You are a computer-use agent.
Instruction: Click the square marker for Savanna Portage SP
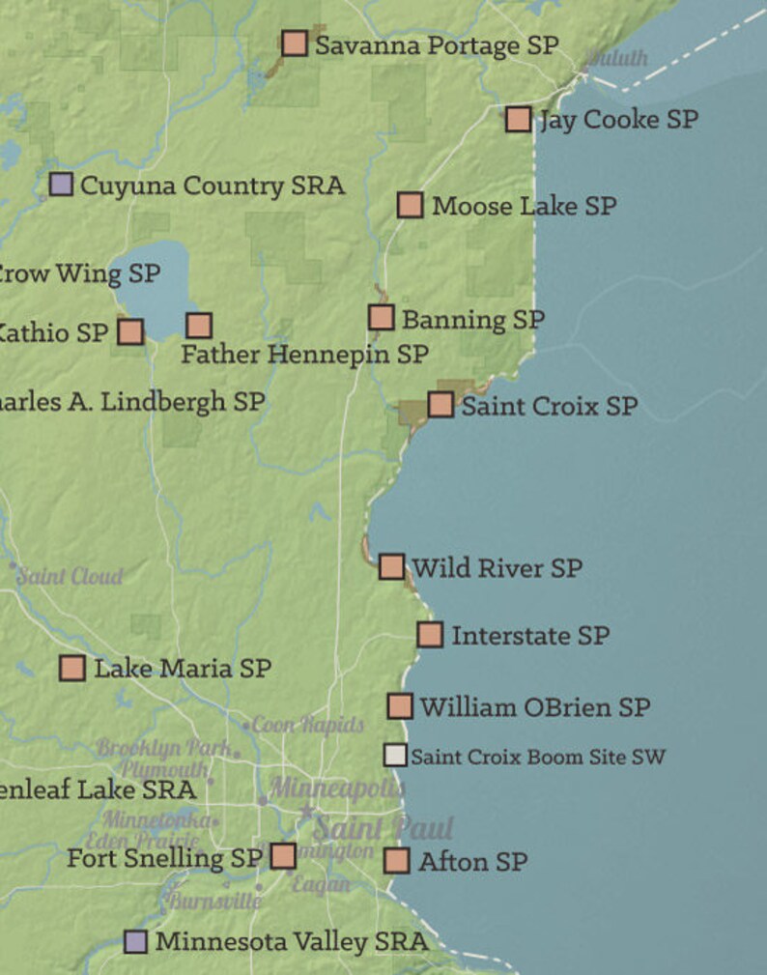295,43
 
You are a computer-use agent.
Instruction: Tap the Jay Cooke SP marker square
519,119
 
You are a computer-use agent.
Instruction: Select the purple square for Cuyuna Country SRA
61,185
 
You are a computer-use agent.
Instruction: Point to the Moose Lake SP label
524,206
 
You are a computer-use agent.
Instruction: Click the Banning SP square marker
381,318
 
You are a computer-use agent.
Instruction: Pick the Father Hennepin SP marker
199,326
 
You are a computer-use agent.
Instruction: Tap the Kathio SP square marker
130,332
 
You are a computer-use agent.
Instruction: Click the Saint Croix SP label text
549,406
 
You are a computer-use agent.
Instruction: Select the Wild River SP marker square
391,566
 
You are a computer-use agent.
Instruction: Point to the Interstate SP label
530,636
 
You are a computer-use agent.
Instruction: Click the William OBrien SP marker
400,706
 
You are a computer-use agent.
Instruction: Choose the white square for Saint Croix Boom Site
395,756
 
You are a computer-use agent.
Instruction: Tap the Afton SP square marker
397,861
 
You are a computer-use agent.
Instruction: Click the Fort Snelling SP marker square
283,856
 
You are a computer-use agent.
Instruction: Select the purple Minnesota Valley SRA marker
136,941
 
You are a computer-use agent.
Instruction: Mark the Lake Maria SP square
72,668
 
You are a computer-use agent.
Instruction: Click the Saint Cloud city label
71,577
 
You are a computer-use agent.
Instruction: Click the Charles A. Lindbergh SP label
130,401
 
